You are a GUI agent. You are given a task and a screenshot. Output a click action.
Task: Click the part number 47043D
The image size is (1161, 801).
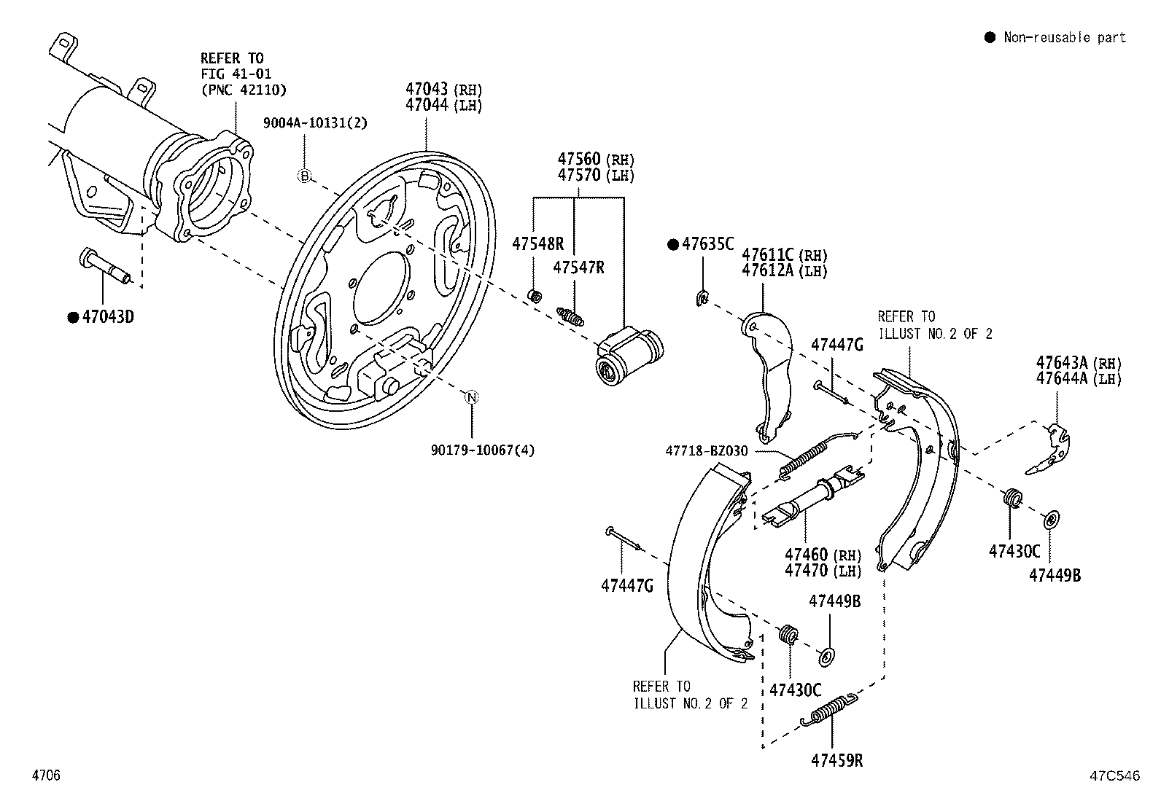[108, 317]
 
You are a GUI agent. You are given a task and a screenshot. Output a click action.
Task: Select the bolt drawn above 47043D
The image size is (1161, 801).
[104, 267]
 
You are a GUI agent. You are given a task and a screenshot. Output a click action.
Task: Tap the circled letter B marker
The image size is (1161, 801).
[306, 175]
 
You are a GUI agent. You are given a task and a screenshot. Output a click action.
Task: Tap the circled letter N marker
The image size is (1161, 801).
[472, 397]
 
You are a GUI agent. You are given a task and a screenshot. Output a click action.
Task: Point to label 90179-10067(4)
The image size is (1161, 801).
[482, 450]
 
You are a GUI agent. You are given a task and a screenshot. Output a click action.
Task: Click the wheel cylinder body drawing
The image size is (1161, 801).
[628, 355]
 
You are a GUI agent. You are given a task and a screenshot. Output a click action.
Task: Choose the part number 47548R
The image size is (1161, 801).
[537, 243]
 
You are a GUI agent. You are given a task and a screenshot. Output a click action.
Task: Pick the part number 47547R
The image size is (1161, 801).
[578, 267]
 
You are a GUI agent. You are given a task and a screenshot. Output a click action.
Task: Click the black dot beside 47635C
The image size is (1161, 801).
[673, 244]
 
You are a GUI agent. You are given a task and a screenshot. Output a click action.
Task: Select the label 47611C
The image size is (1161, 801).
[768, 255]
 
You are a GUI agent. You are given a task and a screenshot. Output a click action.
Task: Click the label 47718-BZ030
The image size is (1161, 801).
[706, 451]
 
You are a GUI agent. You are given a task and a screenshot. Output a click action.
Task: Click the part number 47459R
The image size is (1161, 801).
[836, 760]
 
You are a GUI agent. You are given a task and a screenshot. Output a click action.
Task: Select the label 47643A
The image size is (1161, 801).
[1062, 362]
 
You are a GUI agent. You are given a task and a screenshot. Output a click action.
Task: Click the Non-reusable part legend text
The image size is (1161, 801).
[1064, 37]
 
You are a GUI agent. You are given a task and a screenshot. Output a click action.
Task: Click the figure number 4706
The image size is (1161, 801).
[45, 775]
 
